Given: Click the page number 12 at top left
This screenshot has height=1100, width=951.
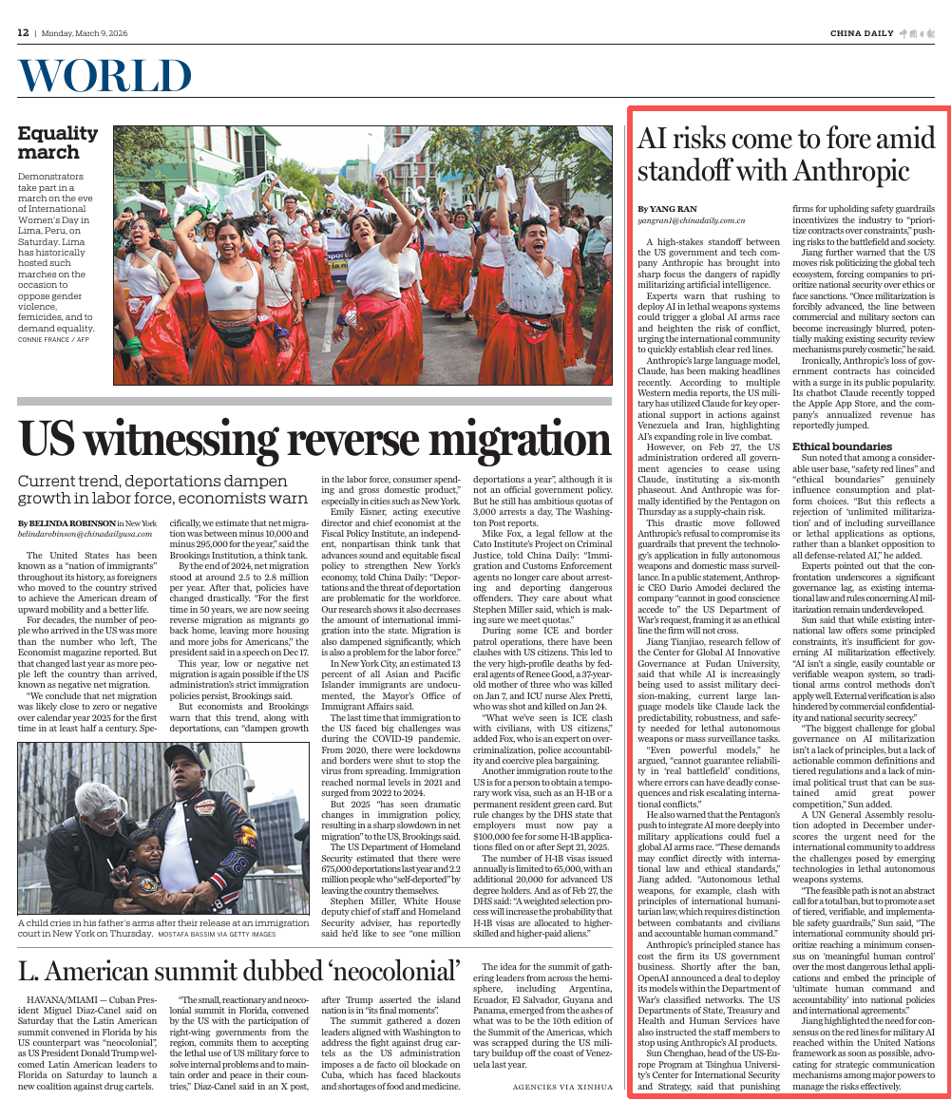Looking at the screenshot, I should click(23, 32).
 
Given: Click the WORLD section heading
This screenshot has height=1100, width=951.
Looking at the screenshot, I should click(105, 76).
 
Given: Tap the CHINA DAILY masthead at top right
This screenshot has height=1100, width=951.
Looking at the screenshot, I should click(862, 33).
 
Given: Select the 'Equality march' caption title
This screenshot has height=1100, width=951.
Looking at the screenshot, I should click(57, 142).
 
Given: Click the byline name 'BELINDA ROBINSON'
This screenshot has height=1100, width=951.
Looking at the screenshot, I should click(70, 523).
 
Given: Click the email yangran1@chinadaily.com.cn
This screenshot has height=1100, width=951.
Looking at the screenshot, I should click(691, 219).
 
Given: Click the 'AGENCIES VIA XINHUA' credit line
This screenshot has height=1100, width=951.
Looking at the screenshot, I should click(562, 1085).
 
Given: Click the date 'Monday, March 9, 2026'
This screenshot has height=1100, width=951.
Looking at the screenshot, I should click(85, 33).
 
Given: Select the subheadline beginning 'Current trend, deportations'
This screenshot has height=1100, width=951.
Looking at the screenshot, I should click(162, 489).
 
